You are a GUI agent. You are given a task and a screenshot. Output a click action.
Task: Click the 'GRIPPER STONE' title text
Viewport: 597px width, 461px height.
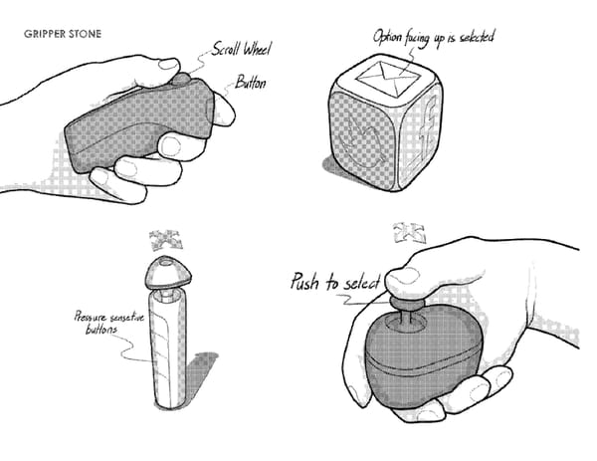tap(63, 34)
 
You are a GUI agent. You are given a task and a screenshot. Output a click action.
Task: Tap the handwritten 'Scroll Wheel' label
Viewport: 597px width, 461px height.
tap(242, 49)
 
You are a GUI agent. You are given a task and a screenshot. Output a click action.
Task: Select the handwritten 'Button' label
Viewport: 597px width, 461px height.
tap(250, 83)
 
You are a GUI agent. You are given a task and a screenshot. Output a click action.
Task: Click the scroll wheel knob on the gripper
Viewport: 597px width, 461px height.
tap(181, 79)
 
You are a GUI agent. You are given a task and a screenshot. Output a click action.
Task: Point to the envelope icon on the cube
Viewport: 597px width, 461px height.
tap(388, 80)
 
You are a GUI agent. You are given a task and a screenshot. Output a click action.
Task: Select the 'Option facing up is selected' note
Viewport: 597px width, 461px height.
tap(433, 37)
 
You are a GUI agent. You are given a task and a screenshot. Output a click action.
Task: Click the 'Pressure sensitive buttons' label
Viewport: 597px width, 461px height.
tap(109, 323)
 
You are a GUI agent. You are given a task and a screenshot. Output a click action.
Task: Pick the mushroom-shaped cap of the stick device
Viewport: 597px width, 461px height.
tap(168, 272)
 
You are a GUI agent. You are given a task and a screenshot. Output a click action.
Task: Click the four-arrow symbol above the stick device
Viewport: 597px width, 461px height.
tap(165, 240)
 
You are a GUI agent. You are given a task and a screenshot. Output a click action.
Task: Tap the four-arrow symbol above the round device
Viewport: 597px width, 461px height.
tap(409, 234)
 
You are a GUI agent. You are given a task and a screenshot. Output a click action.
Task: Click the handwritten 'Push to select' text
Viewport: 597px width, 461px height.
tap(335, 282)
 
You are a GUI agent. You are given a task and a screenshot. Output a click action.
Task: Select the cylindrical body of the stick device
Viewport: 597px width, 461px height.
tap(168, 348)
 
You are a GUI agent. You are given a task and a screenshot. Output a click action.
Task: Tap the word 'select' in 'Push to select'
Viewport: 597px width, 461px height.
tap(362, 283)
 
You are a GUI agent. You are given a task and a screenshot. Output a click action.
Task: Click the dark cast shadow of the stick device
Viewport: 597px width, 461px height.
tap(200, 371)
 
